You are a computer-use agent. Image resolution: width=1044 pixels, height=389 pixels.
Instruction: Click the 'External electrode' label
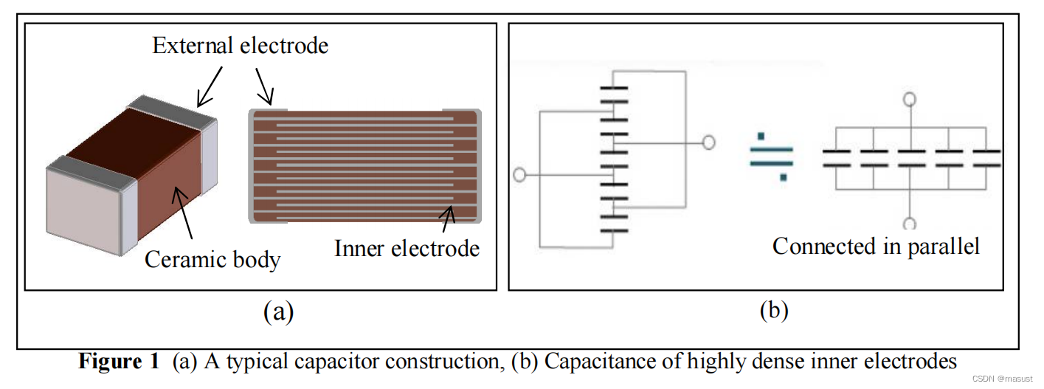click(x=240, y=46)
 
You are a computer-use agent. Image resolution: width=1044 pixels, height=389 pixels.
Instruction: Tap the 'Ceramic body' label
click(x=212, y=259)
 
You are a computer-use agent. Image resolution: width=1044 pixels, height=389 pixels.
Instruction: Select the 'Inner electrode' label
click(x=407, y=248)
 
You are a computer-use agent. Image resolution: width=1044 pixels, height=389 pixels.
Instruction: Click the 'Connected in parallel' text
click(x=876, y=246)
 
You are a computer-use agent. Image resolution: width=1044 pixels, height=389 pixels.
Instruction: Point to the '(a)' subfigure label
click(x=278, y=311)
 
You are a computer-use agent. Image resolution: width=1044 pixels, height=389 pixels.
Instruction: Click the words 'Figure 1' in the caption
click(x=119, y=362)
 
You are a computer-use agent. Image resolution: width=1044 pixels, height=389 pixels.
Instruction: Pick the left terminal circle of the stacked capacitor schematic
click(x=519, y=176)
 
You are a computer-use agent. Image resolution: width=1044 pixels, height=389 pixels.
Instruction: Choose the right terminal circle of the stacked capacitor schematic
click(x=708, y=142)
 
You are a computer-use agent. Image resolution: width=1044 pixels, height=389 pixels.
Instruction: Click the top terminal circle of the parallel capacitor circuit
click(x=910, y=99)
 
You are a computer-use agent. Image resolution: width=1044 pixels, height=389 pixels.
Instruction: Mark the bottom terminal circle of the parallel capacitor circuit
click(x=910, y=223)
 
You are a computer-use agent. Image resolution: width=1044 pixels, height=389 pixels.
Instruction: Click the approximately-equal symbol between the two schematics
click(x=771, y=156)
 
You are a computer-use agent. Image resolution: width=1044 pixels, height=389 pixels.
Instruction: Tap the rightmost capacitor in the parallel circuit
click(x=986, y=157)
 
